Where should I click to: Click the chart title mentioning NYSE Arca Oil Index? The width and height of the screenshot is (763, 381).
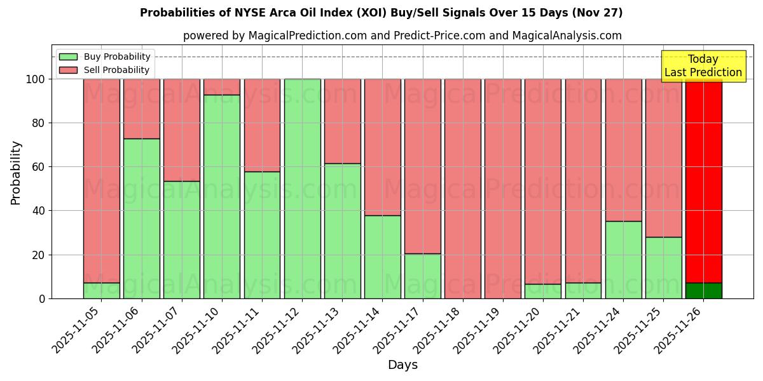(381, 13)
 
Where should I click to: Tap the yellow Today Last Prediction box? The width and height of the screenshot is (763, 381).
(703, 66)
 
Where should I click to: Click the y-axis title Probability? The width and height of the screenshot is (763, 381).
(16, 173)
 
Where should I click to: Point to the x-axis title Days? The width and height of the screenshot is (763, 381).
(402, 365)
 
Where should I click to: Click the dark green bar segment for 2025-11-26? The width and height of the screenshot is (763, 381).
(703, 291)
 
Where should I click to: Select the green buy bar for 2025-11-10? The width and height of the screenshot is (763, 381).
(222, 197)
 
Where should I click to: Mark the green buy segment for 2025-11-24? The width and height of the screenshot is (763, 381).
(623, 260)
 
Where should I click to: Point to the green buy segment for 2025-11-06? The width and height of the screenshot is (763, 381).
(142, 218)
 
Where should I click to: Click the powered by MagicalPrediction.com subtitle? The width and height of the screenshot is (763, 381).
(402, 36)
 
